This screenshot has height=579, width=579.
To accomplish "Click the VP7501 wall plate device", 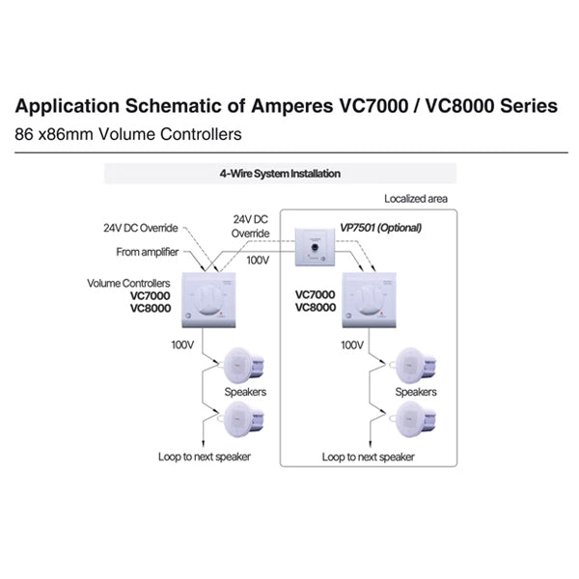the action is click(x=315, y=247).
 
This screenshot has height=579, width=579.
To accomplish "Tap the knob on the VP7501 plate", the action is click(x=315, y=247).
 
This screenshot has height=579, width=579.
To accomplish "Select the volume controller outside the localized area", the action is click(x=208, y=300).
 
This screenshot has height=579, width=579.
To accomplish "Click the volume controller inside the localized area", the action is click(x=369, y=300).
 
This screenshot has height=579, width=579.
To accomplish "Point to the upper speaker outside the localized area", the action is click(x=244, y=365).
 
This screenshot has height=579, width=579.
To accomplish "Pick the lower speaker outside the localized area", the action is click(x=244, y=419).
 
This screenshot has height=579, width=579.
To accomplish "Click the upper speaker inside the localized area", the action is click(x=415, y=365).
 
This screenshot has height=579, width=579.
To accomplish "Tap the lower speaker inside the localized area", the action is click(x=415, y=419).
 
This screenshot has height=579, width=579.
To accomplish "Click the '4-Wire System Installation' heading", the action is click(x=280, y=174).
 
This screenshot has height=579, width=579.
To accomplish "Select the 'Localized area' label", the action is click(x=416, y=199).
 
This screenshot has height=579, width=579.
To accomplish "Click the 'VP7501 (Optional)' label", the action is click(x=381, y=228).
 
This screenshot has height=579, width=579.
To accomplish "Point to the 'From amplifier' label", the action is click(x=148, y=252).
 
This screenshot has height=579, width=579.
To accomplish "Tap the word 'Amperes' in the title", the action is click(x=292, y=106).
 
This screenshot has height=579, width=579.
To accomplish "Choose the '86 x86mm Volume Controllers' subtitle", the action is click(x=128, y=134).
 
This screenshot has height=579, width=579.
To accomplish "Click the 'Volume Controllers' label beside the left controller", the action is click(x=128, y=283).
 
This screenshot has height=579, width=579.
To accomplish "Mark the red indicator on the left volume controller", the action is click(x=221, y=314).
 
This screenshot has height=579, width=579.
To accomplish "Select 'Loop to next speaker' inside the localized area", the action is click(x=369, y=457).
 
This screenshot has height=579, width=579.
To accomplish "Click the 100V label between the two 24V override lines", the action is click(x=258, y=261).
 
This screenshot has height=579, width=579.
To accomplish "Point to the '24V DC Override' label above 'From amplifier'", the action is click(x=141, y=228).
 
